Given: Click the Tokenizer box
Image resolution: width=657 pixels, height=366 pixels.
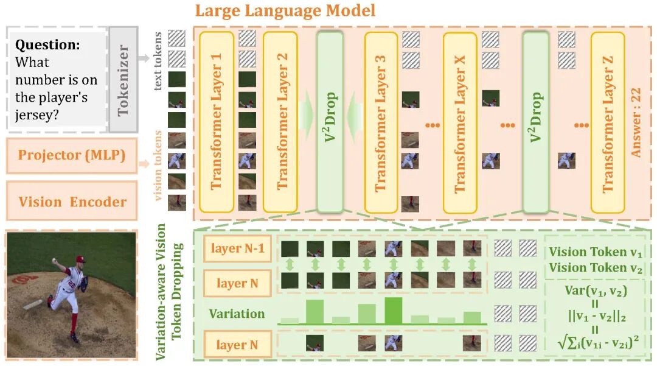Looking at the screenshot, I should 124,79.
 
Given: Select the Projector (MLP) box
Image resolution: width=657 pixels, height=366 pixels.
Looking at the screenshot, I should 72,155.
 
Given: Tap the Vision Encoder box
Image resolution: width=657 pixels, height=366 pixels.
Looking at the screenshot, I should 72,202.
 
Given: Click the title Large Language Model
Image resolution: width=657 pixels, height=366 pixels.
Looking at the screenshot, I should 285,10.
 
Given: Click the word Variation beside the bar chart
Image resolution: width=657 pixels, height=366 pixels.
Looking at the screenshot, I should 237,314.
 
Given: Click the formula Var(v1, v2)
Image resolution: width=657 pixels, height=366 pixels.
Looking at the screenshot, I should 596,290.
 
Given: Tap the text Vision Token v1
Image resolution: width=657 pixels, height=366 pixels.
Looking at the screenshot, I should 596,252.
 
